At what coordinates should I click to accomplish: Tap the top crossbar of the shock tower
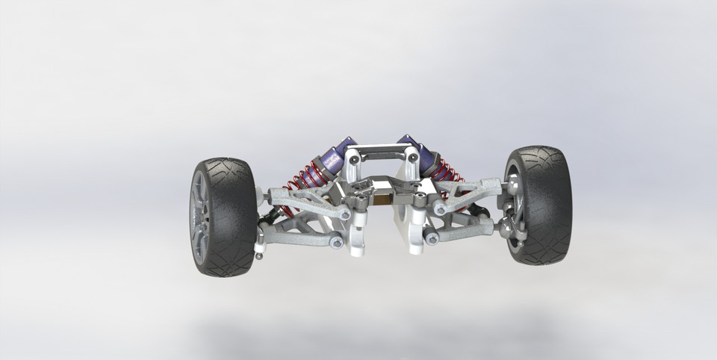pos(381,153)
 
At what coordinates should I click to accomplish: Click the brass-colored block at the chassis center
pos(382,199)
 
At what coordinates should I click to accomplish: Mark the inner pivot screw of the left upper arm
pos(345,214)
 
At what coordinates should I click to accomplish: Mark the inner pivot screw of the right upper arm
pos(440,211)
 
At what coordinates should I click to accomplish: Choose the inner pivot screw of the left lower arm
pos(337,243)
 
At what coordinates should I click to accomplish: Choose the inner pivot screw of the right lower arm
pos(432,239)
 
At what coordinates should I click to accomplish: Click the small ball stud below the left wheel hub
pos(259,256)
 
